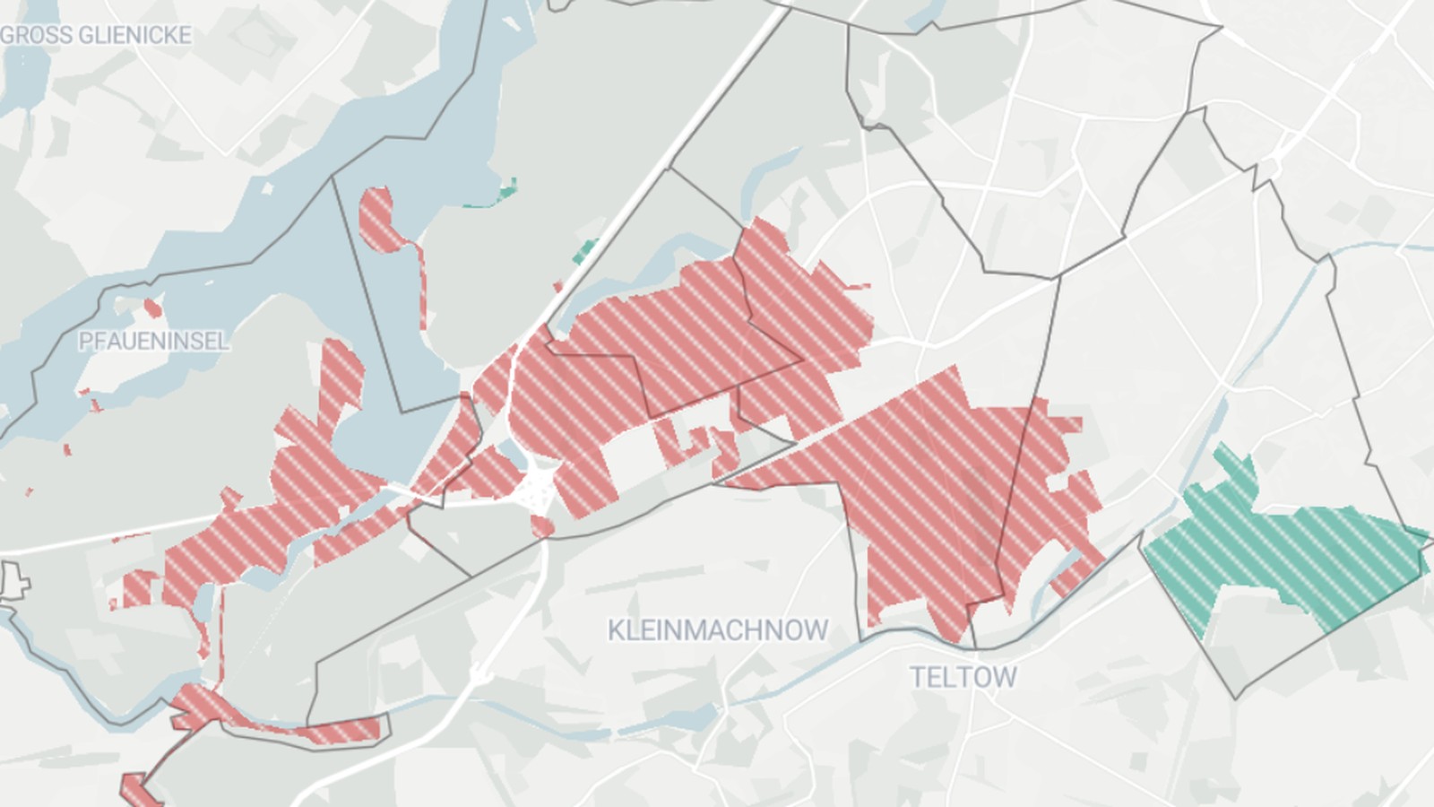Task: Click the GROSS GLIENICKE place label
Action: click(97, 35)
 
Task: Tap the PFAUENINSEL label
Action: click(153, 341)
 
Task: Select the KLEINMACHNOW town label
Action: click(717, 629)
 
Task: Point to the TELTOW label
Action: click(963, 676)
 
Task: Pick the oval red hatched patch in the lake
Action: click(379, 217)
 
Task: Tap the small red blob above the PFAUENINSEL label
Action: click(153, 309)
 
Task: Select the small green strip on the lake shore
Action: click(504, 193)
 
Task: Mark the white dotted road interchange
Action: click(539, 489)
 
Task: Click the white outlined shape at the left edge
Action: click(13, 581)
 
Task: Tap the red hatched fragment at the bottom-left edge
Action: click(136, 789)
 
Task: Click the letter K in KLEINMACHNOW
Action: click(616, 629)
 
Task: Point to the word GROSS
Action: click(32, 35)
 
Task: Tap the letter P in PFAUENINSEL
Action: click(85, 341)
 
